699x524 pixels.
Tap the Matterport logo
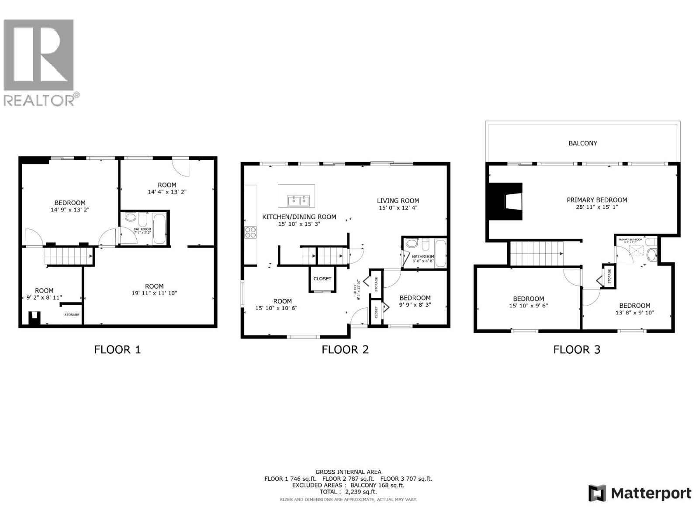640,493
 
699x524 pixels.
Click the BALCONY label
582,143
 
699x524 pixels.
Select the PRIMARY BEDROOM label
597,200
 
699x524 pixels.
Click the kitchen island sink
298,200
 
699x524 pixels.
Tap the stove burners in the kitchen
250,232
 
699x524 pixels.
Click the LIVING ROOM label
398,201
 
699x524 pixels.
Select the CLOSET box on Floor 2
322,279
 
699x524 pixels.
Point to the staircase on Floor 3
537,253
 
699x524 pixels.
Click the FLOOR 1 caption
118,349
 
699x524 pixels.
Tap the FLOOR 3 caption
577,349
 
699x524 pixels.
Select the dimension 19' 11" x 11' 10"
154,293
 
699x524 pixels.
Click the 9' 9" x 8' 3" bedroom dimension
415,305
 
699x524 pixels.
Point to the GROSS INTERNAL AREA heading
348,472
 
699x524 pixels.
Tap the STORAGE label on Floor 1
72,314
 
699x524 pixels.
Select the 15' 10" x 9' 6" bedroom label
528,306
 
